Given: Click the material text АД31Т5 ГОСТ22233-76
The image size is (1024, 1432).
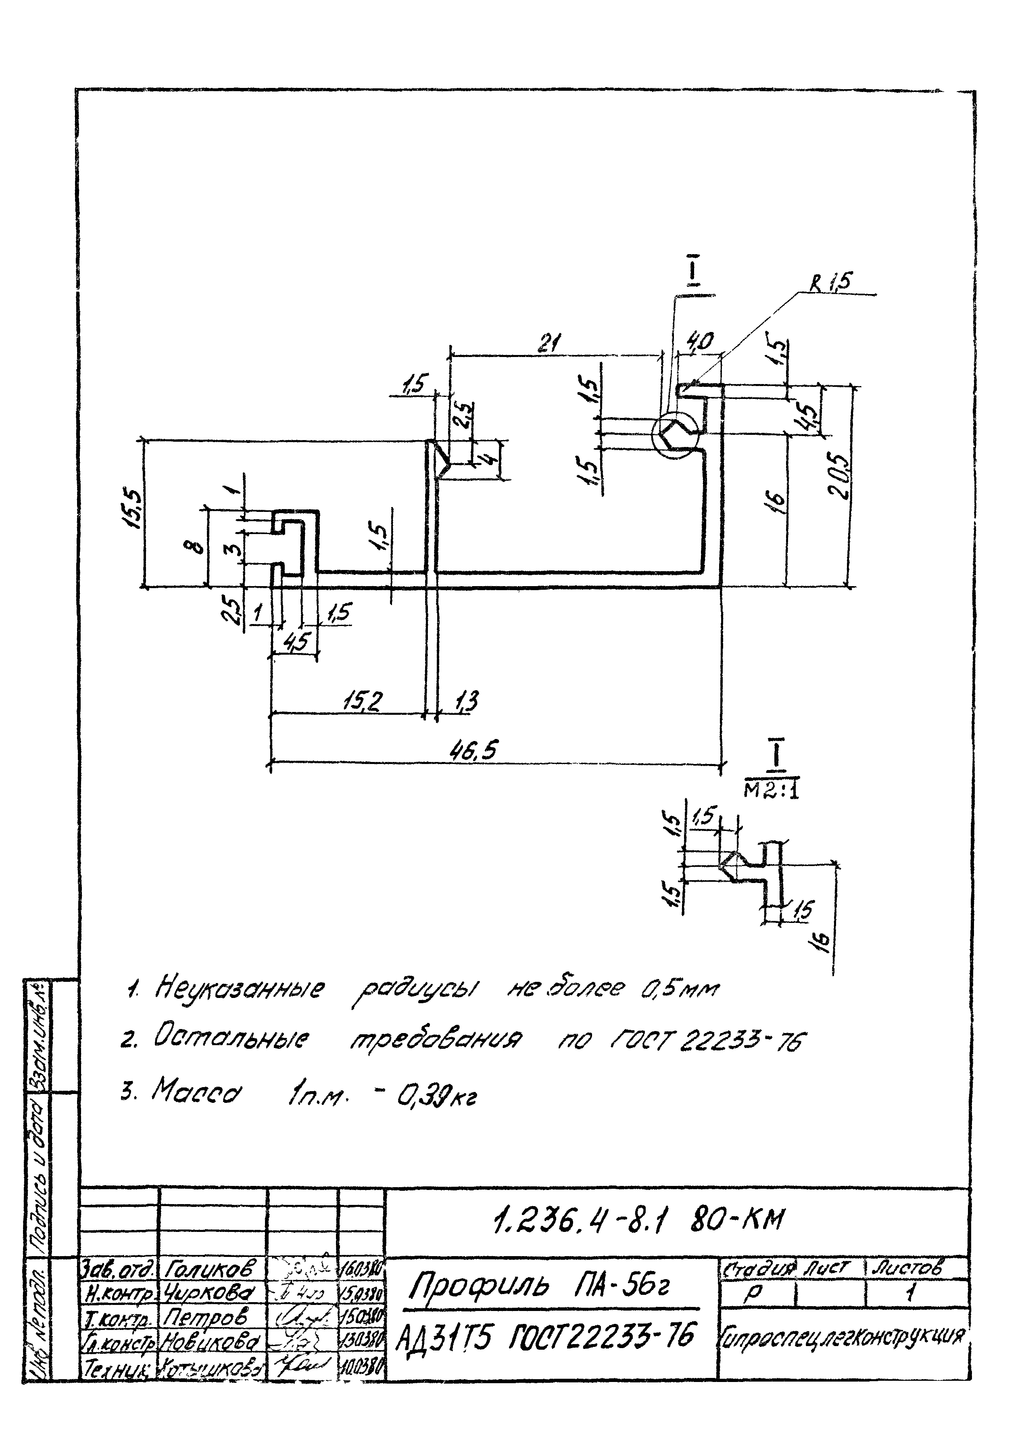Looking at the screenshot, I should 545,1334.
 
